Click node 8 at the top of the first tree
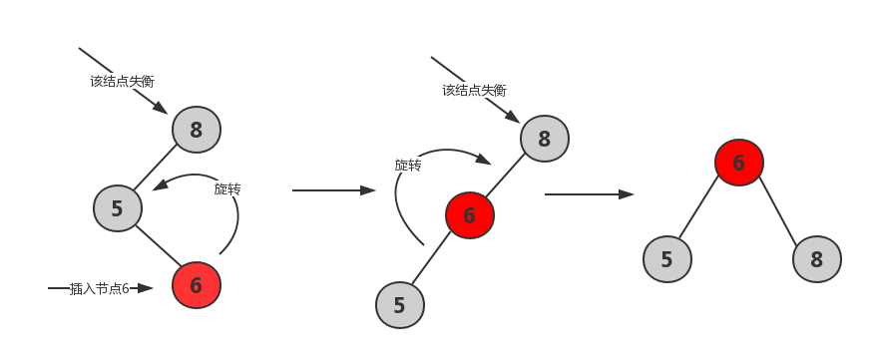coord(196,129)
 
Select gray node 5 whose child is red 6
coord(117,208)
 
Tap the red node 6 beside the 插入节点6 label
coord(196,285)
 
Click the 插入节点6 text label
coord(100,288)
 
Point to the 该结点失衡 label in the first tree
coord(122,81)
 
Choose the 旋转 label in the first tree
coord(227,187)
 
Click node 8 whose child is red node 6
coord(544,139)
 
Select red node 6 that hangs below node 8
coord(469,214)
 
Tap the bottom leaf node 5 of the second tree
coord(400,305)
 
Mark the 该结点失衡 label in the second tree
coord(475,90)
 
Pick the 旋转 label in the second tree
coord(407,166)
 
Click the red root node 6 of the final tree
coord(738,163)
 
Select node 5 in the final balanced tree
coord(666,259)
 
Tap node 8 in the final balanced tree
coord(817,259)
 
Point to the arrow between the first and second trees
coord(333,189)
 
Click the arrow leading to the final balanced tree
coord(589,194)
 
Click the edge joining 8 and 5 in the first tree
coord(157,169)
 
